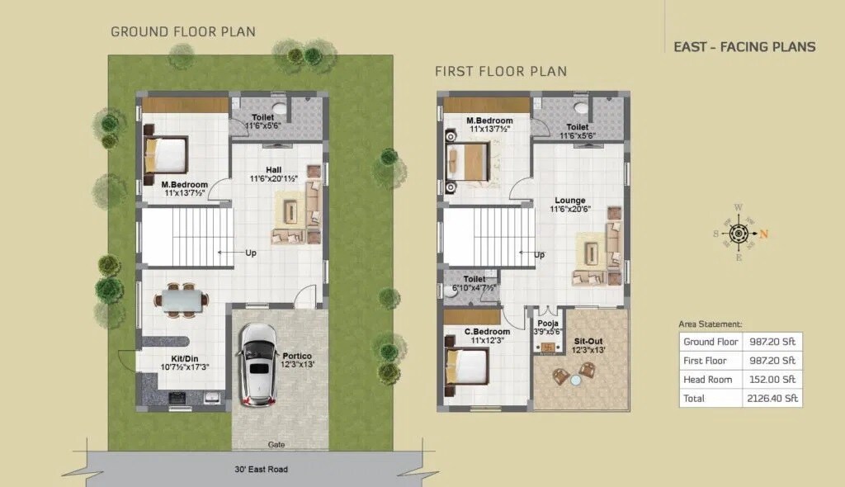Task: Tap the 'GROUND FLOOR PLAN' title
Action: point(183,32)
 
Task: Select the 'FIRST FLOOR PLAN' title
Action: point(501,71)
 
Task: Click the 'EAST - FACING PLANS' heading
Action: point(744,47)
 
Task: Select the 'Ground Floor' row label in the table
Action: point(710,341)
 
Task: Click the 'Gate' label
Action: point(276,444)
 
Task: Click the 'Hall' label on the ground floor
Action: point(273,169)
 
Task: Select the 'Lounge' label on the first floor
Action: point(570,201)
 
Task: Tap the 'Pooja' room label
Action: point(547,323)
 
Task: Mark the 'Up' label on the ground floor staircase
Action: point(250,253)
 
